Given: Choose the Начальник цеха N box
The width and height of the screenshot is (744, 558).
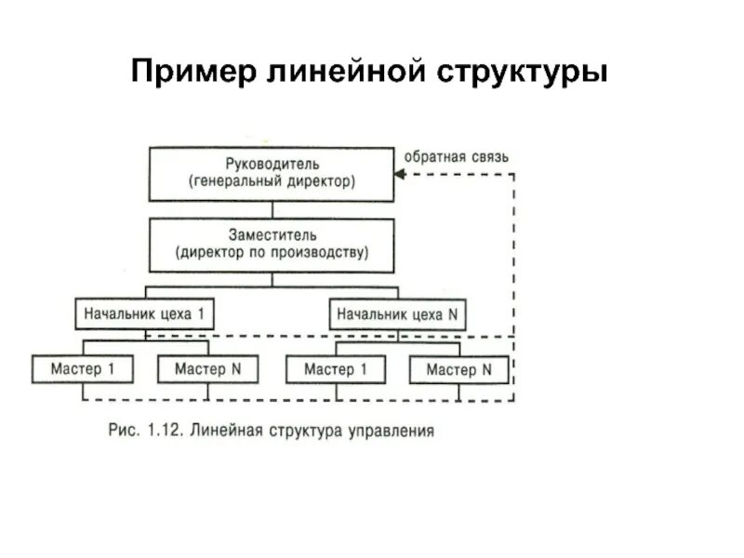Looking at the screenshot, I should [x=397, y=314].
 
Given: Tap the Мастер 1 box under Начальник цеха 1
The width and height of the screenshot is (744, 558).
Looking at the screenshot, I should [x=83, y=369].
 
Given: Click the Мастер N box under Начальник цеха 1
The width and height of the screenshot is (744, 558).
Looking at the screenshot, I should [x=207, y=369].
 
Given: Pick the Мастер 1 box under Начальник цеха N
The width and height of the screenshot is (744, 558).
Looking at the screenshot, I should [x=336, y=369].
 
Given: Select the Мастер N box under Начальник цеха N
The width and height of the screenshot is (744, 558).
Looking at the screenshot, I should [x=459, y=370].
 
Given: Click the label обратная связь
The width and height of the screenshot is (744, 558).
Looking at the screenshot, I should [x=456, y=157].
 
